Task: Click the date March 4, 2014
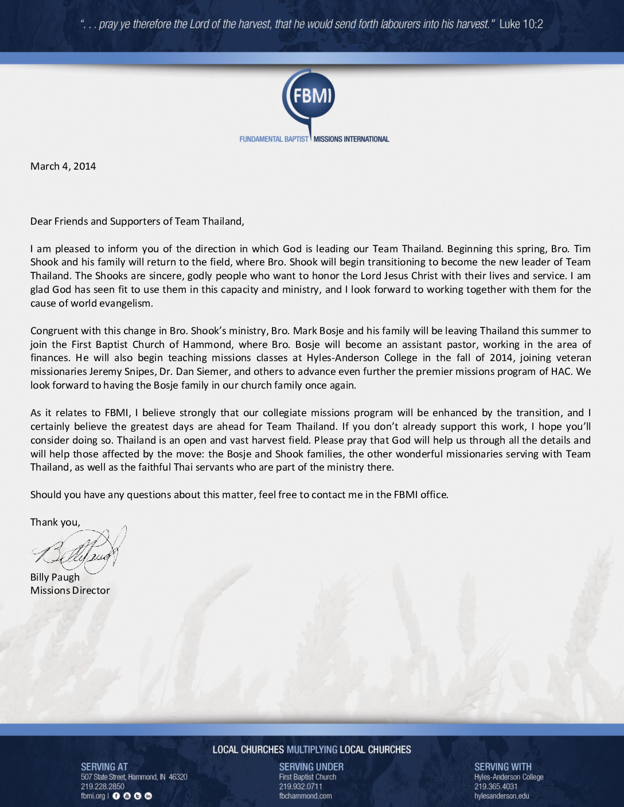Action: point(63,166)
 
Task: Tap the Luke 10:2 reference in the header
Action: point(521,24)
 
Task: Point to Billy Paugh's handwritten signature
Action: point(79,549)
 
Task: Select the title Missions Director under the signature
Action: point(70,590)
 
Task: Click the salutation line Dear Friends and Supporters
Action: point(137,221)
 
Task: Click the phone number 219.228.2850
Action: point(103,786)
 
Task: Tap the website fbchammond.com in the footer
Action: point(305,796)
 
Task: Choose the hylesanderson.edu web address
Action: point(501,796)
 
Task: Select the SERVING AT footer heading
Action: point(104,767)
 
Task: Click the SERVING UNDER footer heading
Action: point(311,767)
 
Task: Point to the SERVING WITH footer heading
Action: point(503,767)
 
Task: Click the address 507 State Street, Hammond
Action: point(134,777)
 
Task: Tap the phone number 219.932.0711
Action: point(301,786)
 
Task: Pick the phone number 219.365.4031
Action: point(496,786)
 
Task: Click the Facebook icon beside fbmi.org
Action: point(116,796)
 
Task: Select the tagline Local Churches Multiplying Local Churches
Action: point(311,750)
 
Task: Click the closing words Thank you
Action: point(55,522)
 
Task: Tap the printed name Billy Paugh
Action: point(55,577)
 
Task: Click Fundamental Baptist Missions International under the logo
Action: point(314,139)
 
